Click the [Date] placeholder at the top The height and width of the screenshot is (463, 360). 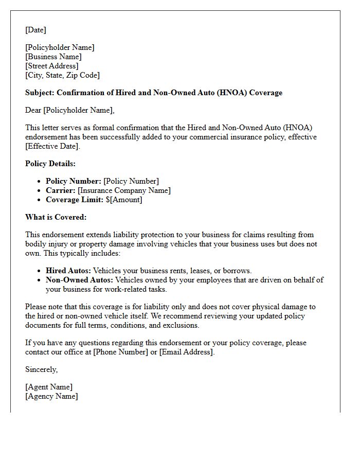(x=35, y=30)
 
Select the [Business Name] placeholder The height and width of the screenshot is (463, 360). (x=53, y=57)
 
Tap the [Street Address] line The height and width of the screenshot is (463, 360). (x=52, y=66)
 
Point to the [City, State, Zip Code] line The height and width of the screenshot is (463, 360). (x=62, y=75)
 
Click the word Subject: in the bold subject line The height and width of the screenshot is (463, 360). (x=40, y=93)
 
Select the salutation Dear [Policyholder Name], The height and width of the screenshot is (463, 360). (x=70, y=110)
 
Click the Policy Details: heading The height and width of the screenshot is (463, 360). (x=50, y=164)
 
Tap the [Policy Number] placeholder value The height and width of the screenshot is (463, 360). (x=131, y=181)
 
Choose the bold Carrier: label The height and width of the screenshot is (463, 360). (x=61, y=190)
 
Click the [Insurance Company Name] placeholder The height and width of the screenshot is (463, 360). (x=124, y=190)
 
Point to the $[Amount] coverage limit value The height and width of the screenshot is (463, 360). (x=124, y=200)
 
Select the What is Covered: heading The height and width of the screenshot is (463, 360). (x=56, y=217)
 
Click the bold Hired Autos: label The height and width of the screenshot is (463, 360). (x=68, y=271)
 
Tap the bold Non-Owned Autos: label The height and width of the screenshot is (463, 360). (x=79, y=280)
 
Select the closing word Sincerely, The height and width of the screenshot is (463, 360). (x=42, y=369)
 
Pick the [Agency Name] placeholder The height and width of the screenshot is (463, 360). (x=51, y=396)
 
